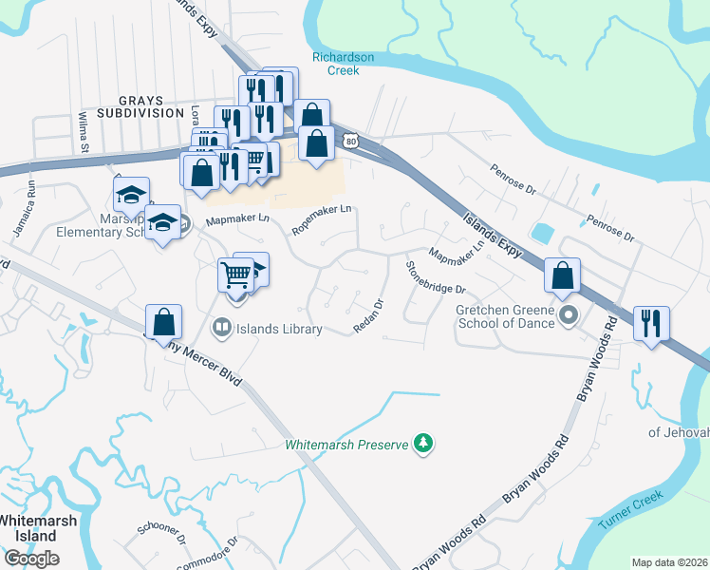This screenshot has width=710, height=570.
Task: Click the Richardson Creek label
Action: [x=343, y=63]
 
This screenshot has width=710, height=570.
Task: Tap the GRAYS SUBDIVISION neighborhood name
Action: [x=151, y=106]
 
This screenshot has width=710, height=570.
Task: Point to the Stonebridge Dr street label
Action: [x=436, y=276]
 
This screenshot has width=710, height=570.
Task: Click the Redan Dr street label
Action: [x=367, y=317]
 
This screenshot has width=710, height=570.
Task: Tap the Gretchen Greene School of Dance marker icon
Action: [x=569, y=314]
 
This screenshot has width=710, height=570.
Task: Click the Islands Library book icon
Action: [x=220, y=329]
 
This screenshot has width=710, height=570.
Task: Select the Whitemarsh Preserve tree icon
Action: [x=424, y=444]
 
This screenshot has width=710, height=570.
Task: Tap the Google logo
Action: [x=31, y=558]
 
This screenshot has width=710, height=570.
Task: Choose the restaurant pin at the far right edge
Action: [x=651, y=323]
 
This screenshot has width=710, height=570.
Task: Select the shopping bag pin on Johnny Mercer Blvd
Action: [x=164, y=321]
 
